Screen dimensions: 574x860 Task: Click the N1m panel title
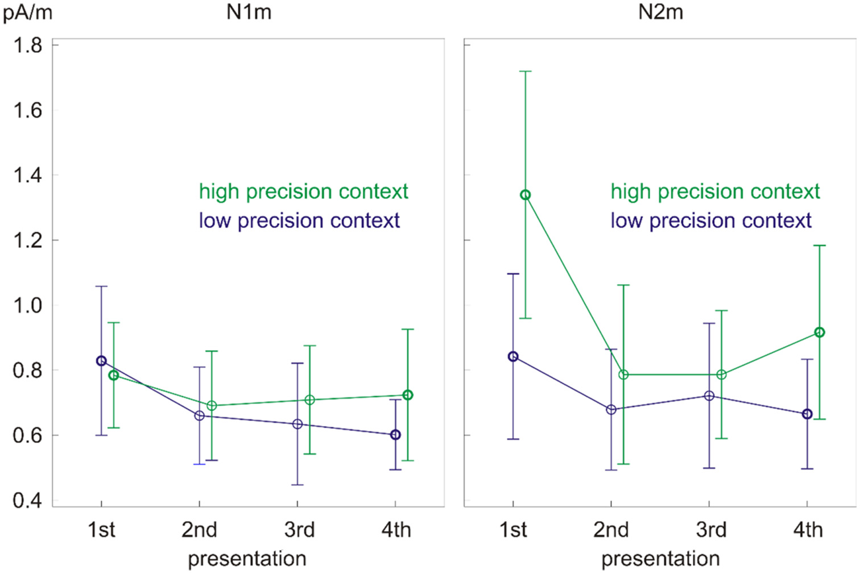point(249,12)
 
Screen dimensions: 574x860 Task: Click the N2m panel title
point(660,12)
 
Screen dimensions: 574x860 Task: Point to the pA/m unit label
point(27,12)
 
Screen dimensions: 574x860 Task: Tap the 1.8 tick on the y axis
point(28,45)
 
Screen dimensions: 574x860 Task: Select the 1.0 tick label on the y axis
point(28,305)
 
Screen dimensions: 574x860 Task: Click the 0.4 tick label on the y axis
point(28,501)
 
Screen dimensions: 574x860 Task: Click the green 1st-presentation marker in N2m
point(525,195)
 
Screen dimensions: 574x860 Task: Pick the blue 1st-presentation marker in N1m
point(101,361)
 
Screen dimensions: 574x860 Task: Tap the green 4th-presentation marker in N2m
point(819,332)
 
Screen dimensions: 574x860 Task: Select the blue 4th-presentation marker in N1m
point(395,435)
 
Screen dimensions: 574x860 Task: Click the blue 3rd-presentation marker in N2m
point(709,396)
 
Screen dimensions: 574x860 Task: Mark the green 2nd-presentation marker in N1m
point(212,406)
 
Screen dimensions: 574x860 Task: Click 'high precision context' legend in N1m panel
point(303,192)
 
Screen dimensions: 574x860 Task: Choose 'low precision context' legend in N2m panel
point(710,221)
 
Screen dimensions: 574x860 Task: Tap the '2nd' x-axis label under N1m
point(199,530)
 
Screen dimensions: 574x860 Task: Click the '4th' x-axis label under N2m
point(808,530)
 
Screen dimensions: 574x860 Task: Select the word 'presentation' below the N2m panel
point(660,559)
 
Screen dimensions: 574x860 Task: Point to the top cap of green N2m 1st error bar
point(525,72)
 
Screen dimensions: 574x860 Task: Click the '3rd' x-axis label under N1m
point(299,530)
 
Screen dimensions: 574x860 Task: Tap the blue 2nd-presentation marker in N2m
point(611,410)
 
